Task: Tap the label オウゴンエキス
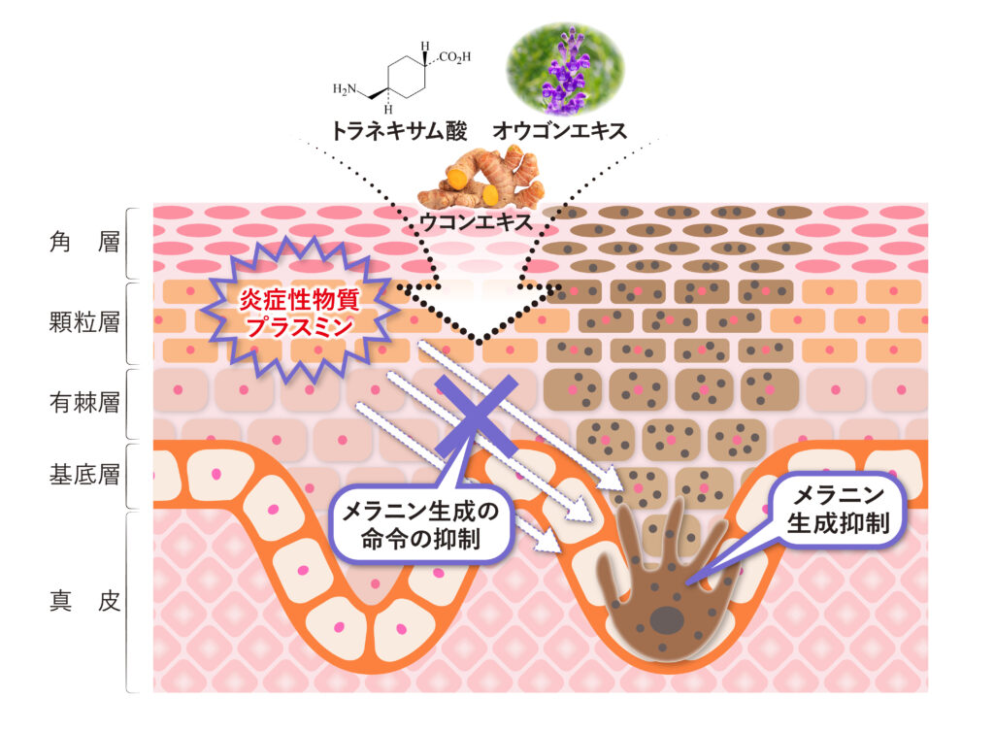568,129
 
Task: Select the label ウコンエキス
476,221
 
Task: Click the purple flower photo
566,67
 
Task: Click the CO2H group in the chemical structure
453,57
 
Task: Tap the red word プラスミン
298,327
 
